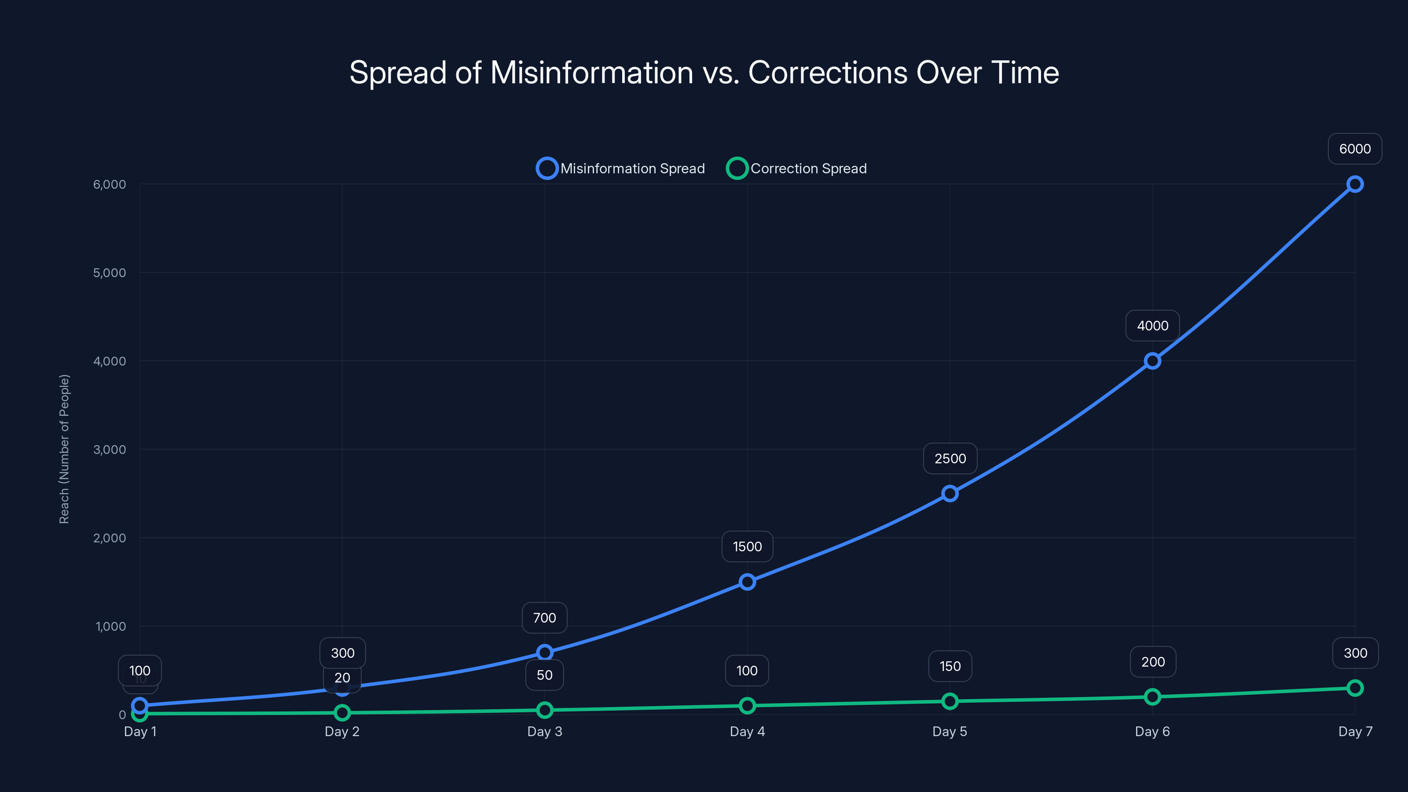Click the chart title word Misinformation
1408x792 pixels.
[591, 73]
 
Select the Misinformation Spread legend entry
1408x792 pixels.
[621, 169]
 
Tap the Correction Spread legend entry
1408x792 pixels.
[797, 169]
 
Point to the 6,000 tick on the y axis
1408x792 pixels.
[109, 184]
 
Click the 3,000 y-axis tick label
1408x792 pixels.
[109, 449]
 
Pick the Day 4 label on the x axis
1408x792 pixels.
[747, 731]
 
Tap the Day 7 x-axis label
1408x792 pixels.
[1355, 731]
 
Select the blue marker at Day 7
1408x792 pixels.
[1355, 184]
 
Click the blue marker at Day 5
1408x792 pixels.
[950, 494]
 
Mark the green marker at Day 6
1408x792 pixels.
[1152, 697]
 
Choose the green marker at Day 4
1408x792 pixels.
[747, 706]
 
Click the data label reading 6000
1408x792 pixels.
[1355, 149]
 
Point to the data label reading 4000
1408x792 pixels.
[1152, 326]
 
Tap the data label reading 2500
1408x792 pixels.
[950, 458]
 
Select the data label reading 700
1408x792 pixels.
[544, 618]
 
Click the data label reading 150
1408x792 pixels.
[950, 666]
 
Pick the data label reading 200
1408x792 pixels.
[1153, 662]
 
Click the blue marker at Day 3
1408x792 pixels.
[544, 652]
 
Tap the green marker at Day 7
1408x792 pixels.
[1355, 688]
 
